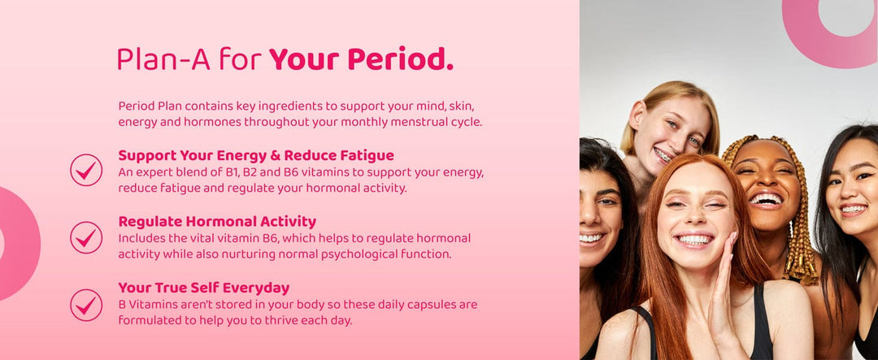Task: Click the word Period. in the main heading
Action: [400, 59]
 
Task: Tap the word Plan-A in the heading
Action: [163, 59]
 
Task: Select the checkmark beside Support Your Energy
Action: [86, 170]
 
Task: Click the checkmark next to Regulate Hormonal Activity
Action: [86, 237]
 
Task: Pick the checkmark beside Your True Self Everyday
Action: [86, 305]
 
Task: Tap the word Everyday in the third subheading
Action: [262, 289]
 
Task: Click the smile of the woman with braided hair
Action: [766, 199]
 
